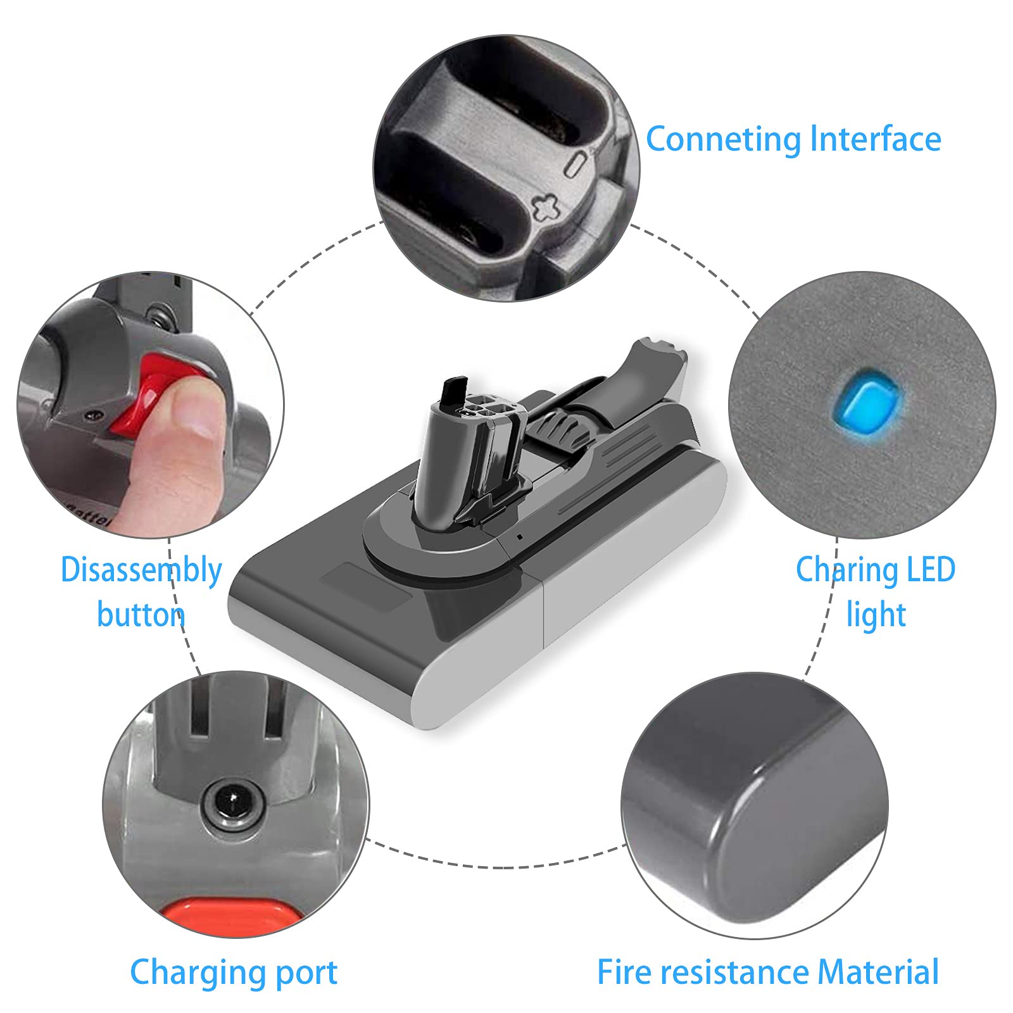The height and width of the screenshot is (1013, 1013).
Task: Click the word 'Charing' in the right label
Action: (843, 571)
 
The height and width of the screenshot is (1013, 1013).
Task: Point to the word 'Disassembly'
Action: (141, 571)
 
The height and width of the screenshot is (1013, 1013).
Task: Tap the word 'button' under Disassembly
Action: (141, 613)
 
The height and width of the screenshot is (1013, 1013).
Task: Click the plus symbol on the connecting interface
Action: (546, 207)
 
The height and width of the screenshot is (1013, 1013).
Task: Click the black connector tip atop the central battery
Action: (454, 392)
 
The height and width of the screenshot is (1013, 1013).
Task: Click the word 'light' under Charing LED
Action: (876, 613)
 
